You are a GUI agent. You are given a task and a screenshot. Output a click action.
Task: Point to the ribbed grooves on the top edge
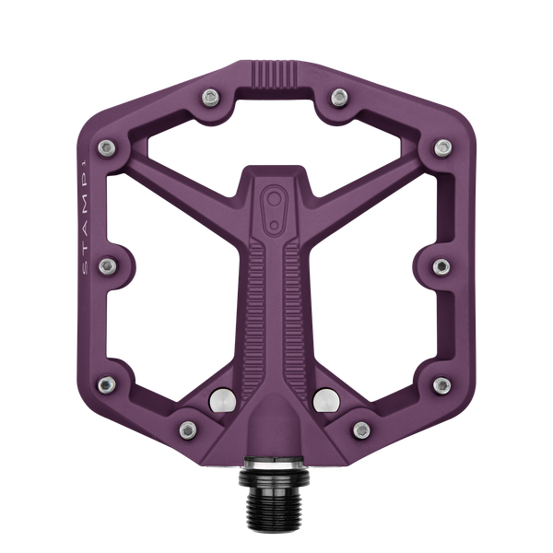(x=276, y=73)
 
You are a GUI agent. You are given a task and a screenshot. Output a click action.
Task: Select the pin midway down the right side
(x=441, y=265)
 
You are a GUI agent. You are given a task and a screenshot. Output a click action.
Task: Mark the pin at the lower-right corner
(x=441, y=384)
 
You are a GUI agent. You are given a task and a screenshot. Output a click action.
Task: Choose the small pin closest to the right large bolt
(x=362, y=427)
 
